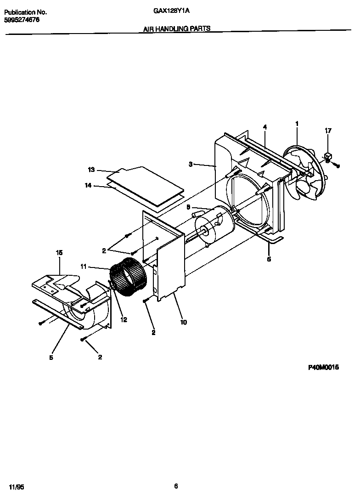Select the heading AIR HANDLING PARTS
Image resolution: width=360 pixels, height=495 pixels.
(x=177, y=28)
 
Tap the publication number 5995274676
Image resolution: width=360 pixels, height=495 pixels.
(x=22, y=20)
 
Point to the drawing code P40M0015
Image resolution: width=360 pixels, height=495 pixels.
(x=323, y=368)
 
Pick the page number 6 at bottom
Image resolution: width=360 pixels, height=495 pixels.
(x=176, y=486)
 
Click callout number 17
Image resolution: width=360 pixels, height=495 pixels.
(x=328, y=131)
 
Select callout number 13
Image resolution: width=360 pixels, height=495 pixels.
(x=91, y=170)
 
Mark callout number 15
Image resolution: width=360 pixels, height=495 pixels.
(x=59, y=253)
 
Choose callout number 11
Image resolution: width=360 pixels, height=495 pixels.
(x=83, y=266)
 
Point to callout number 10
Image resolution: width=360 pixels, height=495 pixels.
(x=183, y=322)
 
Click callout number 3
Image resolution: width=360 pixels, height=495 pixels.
(x=190, y=164)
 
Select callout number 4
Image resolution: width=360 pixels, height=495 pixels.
(x=265, y=126)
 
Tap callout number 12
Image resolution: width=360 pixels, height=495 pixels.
(x=124, y=320)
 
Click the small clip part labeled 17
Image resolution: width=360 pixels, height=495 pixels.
(x=329, y=157)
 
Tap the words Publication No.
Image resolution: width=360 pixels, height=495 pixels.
(x=25, y=13)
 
